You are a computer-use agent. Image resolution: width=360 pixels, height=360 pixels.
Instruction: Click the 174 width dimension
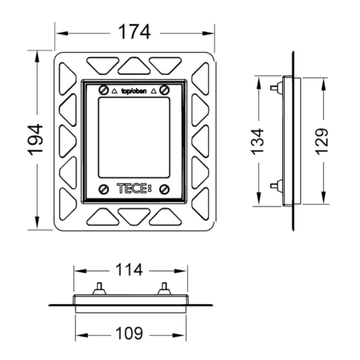click(134, 32)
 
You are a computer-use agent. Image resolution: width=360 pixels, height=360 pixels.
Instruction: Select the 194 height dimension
click(35, 139)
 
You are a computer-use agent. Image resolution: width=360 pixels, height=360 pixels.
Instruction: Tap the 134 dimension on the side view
click(258, 142)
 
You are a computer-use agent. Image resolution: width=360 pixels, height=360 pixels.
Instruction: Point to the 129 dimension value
click(322, 142)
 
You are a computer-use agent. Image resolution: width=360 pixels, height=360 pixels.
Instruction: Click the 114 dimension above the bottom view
click(129, 270)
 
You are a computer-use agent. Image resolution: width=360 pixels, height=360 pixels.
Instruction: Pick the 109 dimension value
click(130, 334)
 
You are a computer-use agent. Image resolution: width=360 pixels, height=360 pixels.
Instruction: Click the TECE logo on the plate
click(134, 189)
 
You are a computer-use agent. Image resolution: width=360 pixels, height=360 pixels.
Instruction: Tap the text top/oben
click(134, 91)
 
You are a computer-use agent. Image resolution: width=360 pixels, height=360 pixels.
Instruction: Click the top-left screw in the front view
click(103, 90)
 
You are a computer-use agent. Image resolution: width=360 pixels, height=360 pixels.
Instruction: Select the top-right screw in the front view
click(165, 90)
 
